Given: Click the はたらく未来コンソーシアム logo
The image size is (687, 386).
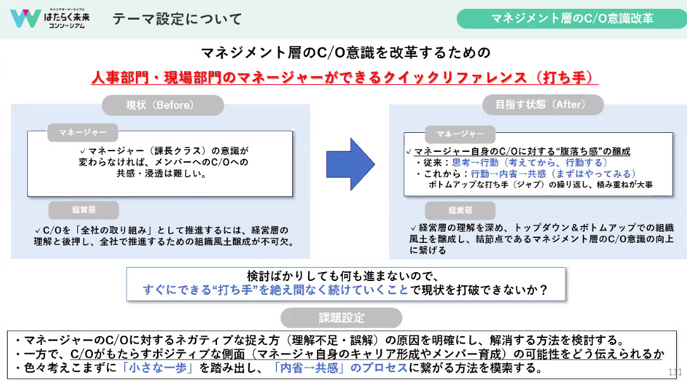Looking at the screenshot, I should [50, 18].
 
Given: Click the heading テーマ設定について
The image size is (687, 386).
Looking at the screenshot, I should [177, 19].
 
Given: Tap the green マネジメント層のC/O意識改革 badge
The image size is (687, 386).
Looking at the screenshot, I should [572, 18].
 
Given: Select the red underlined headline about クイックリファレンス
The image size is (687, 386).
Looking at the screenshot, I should [343, 77].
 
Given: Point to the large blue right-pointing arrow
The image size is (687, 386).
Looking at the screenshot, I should [350, 164].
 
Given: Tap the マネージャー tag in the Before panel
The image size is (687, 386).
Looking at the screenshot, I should [83, 133].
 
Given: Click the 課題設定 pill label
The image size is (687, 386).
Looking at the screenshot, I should [341, 317].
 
